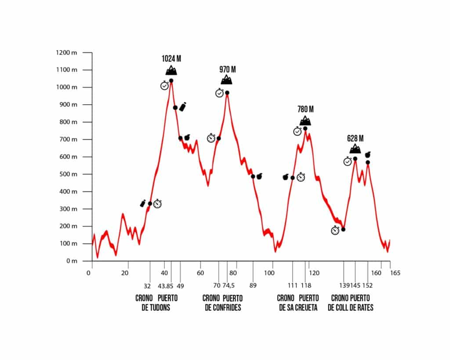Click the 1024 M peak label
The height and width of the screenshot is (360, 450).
click(171, 58)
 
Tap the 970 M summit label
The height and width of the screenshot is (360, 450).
click(228, 69)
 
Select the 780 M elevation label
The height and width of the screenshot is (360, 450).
click(306, 109)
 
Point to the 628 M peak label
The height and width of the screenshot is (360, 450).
click(355, 138)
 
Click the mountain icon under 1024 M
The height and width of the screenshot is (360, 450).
click(171, 70)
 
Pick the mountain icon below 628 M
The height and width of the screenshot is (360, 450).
click(355, 149)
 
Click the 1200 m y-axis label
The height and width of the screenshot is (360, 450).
click(67, 53)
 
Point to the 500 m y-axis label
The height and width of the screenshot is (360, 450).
click(68, 174)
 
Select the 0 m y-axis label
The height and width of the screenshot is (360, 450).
click(72, 261)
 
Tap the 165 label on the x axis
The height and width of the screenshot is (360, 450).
click(395, 273)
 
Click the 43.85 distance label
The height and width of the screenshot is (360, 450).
click(166, 286)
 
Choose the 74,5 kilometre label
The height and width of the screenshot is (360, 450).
click(229, 286)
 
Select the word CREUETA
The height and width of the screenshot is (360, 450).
click(306, 308)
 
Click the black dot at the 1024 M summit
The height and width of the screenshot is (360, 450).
click(171, 81)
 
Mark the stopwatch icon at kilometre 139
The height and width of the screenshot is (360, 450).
click(335, 230)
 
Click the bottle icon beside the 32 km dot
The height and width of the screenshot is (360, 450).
click(143, 204)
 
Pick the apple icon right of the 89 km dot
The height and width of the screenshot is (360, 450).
click(259, 176)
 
